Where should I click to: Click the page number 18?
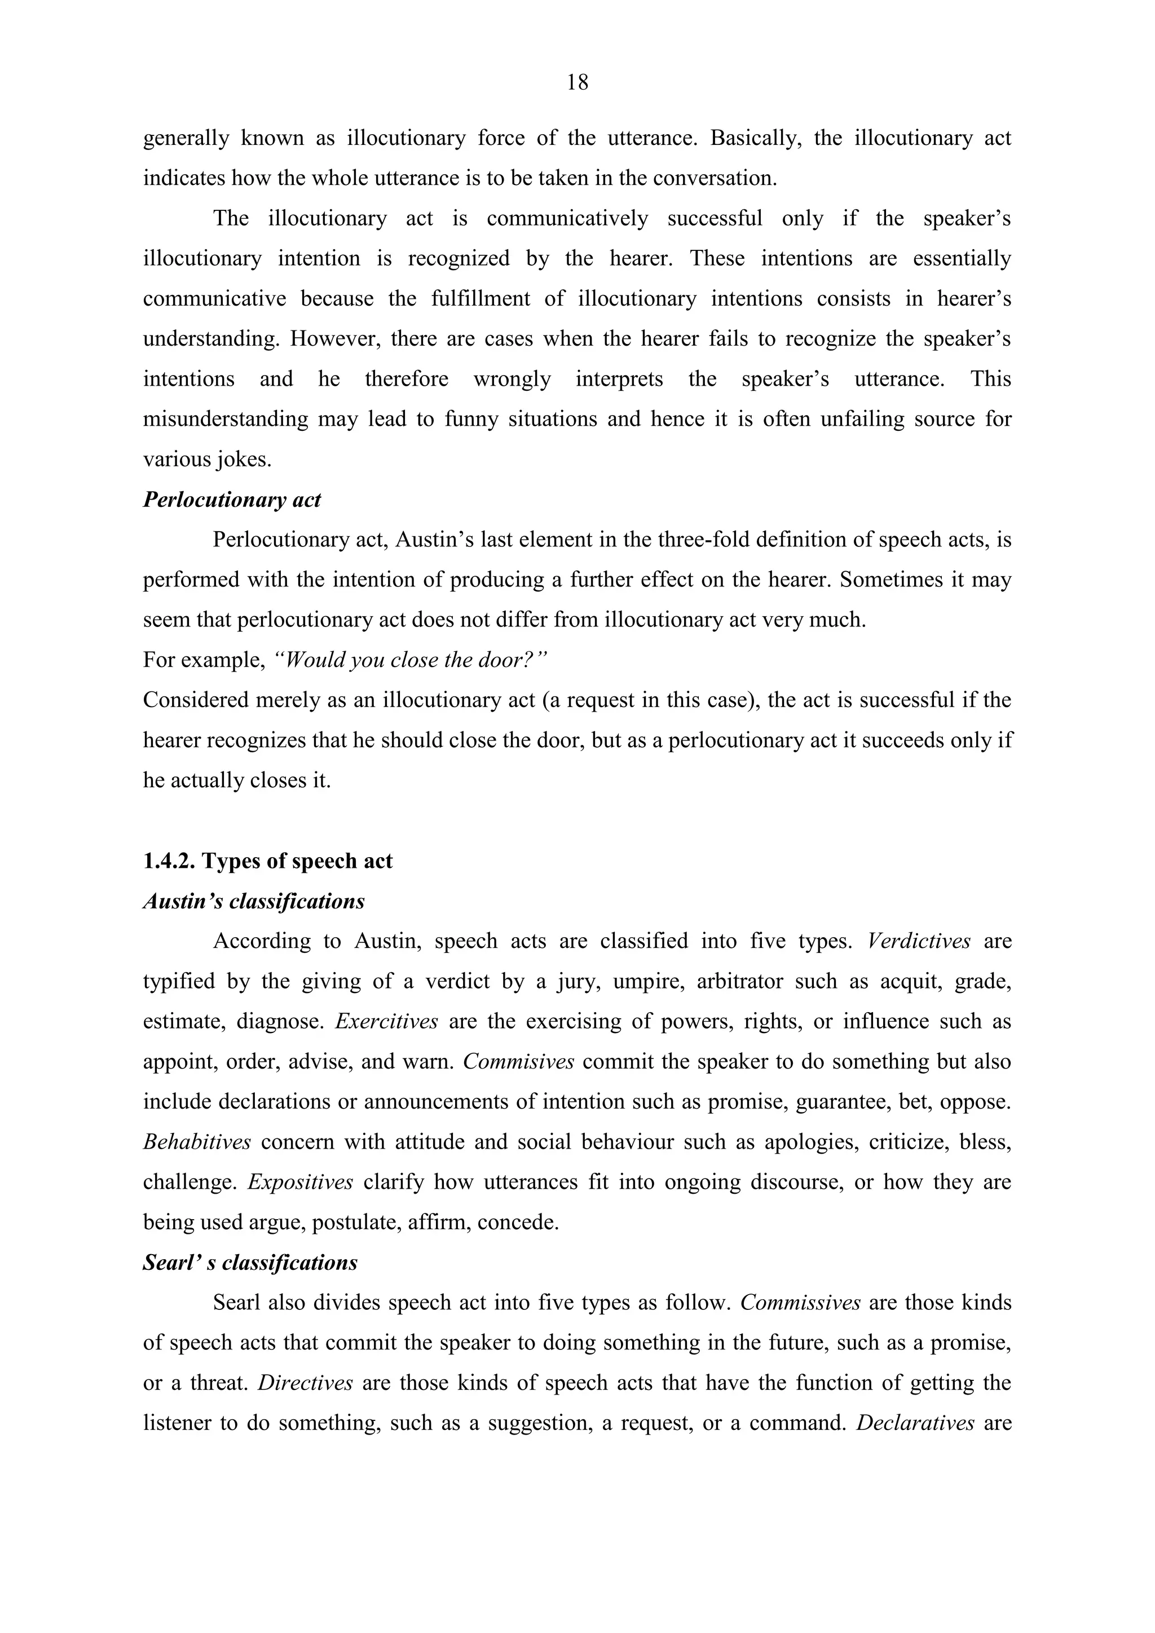click(x=577, y=83)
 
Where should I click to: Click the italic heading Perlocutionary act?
click(x=232, y=500)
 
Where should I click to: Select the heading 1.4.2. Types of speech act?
click(x=267, y=861)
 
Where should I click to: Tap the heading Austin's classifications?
click(x=254, y=902)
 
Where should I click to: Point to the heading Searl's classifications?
click(x=250, y=1263)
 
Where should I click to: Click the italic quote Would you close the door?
click(x=411, y=661)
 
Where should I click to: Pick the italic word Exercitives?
click(x=386, y=1022)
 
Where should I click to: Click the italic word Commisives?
click(x=518, y=1062)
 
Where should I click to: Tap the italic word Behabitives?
click(x=197, y=1142)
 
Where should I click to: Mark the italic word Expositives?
click(x=300, y=1182)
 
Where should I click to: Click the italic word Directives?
click(x=305, y=1383)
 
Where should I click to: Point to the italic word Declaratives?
click(x=915, y=1423)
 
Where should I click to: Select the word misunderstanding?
click(x=226, y=420)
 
